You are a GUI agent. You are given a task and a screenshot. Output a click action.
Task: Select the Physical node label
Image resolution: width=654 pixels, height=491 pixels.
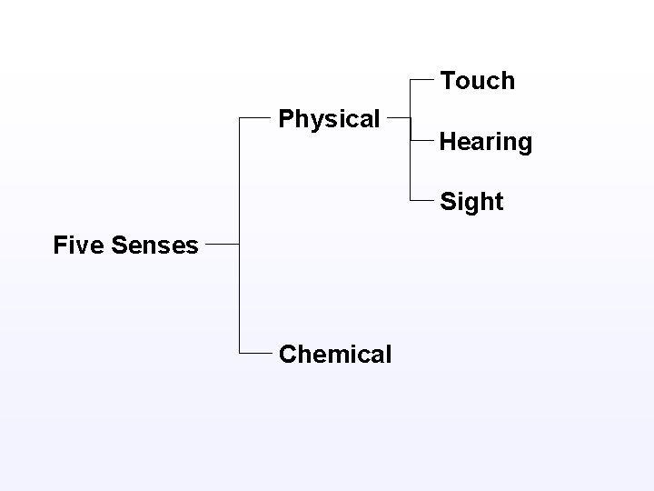tap(329, 119)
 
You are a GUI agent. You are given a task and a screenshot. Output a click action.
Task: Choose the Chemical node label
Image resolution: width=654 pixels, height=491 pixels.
tap(335, 354)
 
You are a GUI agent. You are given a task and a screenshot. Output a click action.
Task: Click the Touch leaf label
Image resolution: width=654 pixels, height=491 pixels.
tap(478, 81)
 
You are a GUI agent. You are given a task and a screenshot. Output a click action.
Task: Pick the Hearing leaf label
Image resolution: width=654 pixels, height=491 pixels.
tap(486, 142)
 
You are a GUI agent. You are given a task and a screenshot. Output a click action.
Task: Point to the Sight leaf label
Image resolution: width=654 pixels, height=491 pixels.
tap(471, 202)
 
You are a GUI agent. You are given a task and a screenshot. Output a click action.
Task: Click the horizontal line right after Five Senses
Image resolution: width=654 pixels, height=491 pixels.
tap(223, 244)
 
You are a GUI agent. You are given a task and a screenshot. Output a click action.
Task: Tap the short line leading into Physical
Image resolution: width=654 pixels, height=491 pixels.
tap(254, 117)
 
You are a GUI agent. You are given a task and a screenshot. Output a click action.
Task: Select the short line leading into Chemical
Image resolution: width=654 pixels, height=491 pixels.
tap(254, 352)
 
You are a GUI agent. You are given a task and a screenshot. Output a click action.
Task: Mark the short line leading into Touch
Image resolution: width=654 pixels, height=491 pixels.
tap(422, 80)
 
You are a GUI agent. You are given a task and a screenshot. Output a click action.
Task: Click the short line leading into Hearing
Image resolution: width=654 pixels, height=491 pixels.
tap(422, 141)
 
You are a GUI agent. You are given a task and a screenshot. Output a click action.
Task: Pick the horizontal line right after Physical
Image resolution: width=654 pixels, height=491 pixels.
tap(400, 117)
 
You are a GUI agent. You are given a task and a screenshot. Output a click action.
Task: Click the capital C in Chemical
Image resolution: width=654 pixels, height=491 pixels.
tap(288, 354)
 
